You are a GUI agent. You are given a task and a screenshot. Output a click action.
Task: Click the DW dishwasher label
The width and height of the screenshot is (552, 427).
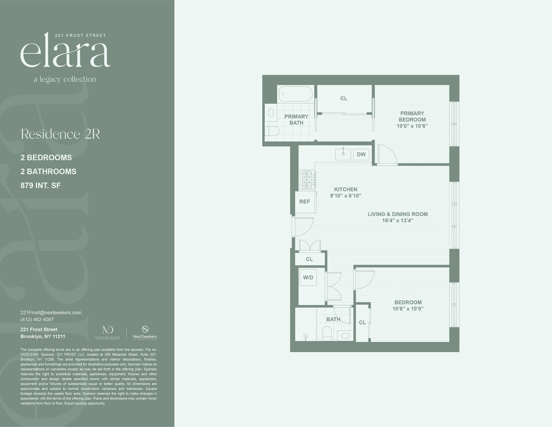(361, 154)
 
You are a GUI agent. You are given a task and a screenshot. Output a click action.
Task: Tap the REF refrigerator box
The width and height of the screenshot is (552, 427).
(305, 202)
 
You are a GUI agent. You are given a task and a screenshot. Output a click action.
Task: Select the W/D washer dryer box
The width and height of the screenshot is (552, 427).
(308, 278)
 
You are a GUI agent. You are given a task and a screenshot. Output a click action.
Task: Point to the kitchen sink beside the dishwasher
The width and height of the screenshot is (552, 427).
(343, 154)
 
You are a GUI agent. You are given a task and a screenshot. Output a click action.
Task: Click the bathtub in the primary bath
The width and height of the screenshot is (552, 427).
(295, 94)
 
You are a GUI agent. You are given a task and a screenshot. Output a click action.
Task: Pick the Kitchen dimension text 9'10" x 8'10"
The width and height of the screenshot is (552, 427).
(345, 196)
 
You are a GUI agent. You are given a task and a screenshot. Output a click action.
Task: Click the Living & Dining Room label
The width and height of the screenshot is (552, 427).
(398, 214)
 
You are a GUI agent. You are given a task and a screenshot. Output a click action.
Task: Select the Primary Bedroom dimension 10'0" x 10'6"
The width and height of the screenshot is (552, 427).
(412, 126)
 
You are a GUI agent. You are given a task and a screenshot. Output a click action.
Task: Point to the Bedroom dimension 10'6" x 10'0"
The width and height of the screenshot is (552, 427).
(408, 309)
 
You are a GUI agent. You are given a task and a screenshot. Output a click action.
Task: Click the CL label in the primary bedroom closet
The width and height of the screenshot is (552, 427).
(344, 98)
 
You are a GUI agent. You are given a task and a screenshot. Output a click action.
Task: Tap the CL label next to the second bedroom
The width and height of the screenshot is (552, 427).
(362, 322)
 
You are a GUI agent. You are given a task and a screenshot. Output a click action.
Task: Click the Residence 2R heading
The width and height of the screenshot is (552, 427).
(60, 134)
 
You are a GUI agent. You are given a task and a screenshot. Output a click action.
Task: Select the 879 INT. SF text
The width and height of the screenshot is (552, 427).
(41, 185)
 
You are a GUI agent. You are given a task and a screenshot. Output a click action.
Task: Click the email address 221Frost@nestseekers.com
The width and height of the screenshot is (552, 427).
(51, 312)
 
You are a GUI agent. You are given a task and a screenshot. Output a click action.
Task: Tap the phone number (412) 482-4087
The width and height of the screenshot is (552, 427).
(37, 319)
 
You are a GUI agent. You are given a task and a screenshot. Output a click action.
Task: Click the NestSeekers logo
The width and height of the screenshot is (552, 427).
(145, 333)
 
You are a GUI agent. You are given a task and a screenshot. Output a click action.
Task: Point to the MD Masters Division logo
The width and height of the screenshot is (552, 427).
(108, 332)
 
